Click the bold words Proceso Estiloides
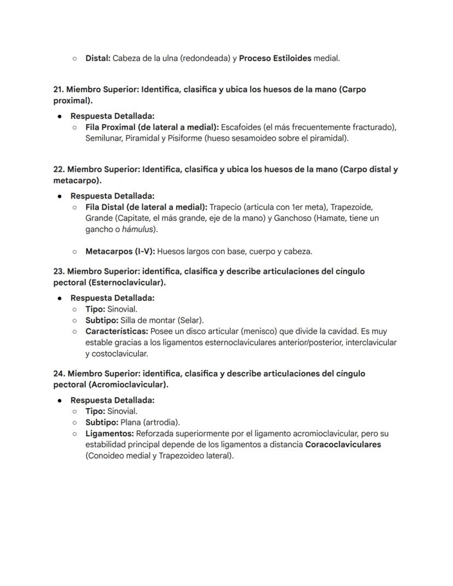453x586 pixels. click(x=275, y=58)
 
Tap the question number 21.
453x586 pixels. click(x=59, y=89)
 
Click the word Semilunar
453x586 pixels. click(x=104, y=138)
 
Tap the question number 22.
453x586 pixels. click(x=59, y=169)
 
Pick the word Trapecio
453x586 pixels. click(x=226, y=207)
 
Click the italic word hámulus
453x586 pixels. click(x=135, y=229)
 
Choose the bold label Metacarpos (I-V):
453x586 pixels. click(x=120, y=252)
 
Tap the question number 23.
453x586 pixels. click(x=59, y=271)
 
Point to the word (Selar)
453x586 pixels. click(x=190, y=320)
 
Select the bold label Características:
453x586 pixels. click(x=116, y=331)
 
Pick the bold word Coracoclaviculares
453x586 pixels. click(x=343, y=444)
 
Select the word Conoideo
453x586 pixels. click(x=104, y=456)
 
